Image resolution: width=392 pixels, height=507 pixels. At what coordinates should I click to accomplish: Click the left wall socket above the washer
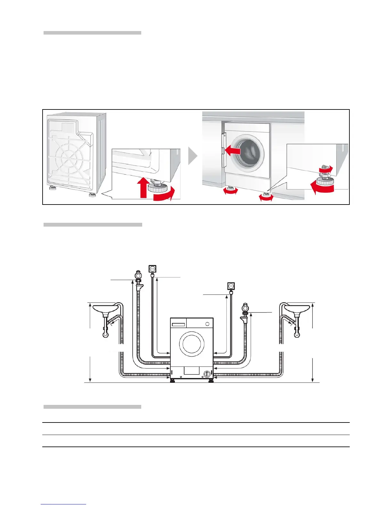click(x=152, y=268)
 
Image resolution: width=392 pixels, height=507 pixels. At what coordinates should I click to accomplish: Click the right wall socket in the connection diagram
click(x=231, y=286)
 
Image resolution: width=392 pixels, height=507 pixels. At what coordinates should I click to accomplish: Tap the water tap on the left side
click(x=138, y=275)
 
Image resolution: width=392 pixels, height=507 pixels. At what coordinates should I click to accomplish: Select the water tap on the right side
click(x=245, y=308)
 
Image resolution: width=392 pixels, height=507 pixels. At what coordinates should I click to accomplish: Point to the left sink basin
click(x=105, y=309)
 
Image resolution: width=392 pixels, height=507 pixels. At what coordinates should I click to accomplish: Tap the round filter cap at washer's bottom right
click(x=207, y=374)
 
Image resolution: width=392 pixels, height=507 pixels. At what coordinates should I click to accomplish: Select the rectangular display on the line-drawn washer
click(x=178, y=325)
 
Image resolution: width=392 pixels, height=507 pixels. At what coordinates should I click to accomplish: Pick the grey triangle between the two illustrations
click(x=192, y=156)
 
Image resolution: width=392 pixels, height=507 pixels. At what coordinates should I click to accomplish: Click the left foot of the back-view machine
click(x=53, y=188)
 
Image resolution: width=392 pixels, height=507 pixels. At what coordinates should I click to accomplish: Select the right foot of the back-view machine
click(x=92, y=195)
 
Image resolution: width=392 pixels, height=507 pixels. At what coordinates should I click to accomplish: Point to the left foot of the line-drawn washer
click(x=172, y=381)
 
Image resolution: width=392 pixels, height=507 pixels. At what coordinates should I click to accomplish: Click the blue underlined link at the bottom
click(x=63, y=504)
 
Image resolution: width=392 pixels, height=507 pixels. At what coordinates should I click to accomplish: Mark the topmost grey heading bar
click(x=92, y=33)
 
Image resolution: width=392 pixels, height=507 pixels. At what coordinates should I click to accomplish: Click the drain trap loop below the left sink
click(x=105, y=335)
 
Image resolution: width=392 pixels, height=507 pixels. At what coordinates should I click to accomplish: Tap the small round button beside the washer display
click(x=207, y=324)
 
